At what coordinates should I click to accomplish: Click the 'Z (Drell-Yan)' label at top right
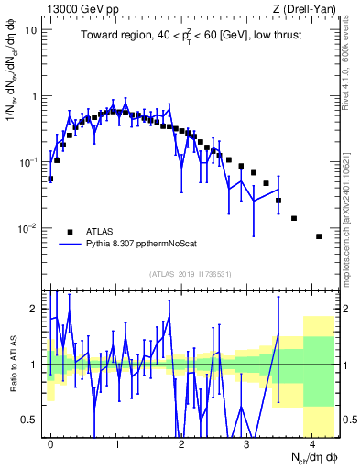[x=305, y=9]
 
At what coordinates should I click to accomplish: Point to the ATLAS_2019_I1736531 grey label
[x=191, y=274]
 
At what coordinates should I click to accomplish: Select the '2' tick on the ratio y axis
[x=36, y=309]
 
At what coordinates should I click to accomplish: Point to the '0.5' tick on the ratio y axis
[x=31, y=420]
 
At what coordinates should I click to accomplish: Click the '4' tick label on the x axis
[x=312, y=442]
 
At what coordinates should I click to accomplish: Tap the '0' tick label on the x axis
[x=51, y=442]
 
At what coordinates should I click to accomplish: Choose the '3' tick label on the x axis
[x=247, y=442]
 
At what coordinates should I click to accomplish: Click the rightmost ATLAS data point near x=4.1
[x=318, y=236]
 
